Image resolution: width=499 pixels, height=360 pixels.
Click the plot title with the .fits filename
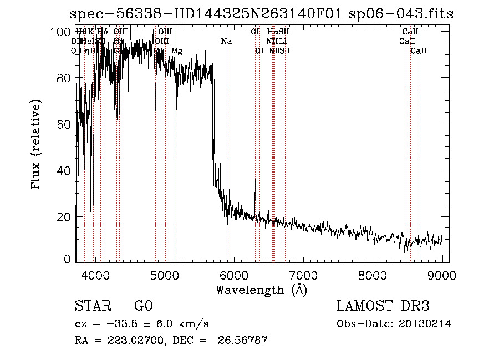[263, 14]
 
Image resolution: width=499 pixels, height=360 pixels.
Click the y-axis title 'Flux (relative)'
[37, 145]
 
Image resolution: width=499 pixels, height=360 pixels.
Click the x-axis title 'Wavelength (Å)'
[261, 290]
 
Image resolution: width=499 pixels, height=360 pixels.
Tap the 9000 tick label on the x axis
[442, 275]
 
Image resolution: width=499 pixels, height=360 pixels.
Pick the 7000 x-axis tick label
[303, 275]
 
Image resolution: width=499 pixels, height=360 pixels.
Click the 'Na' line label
[226, 42]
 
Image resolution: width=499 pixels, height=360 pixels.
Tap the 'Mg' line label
[176, 51]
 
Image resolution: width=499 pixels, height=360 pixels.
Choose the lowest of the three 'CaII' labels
[419, 51]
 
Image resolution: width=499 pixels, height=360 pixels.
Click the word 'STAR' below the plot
[91, 306]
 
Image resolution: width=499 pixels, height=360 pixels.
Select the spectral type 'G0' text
[143, 306]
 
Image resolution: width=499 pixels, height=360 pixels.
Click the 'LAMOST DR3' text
[383, 306]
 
